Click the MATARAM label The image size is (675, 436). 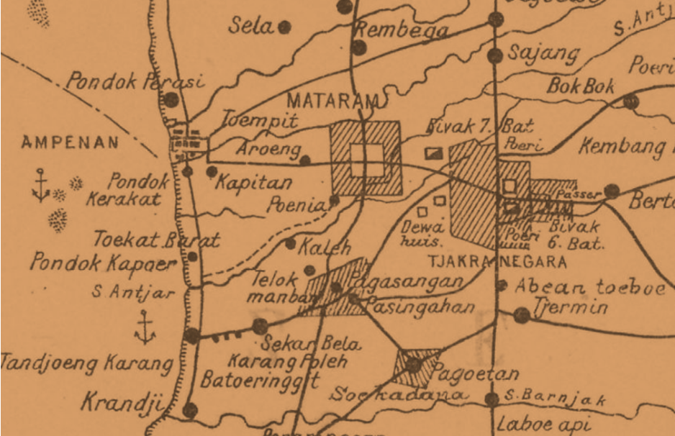point(331,100)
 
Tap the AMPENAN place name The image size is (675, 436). point(70,142)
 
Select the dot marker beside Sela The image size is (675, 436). point(285,27)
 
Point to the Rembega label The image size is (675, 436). point(402,30)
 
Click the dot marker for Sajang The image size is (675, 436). point(495,55)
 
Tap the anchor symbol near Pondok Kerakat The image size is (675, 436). point(40,185)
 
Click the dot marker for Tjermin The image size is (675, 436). point(522,314)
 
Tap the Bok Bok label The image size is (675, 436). point(581,86)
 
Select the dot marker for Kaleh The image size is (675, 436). point(290,244)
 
